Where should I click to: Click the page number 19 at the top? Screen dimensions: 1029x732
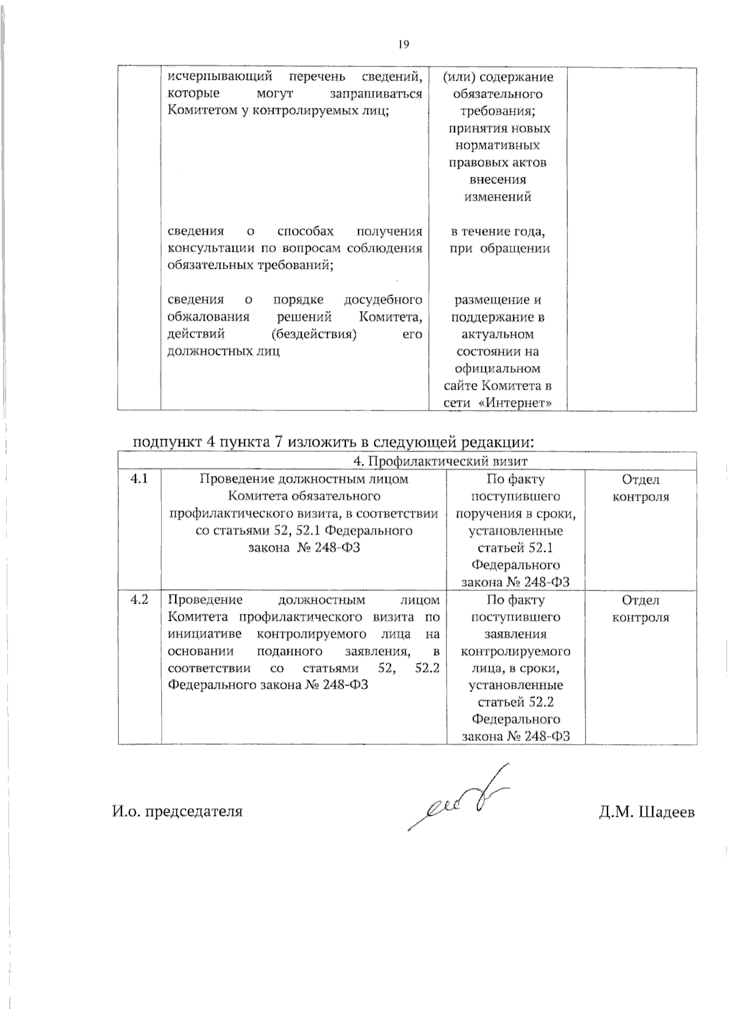[403, 44]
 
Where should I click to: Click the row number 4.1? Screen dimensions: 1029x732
[139, 479]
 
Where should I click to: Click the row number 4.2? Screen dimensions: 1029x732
[139, 600]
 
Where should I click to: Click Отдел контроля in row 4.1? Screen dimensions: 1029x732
[640, 488]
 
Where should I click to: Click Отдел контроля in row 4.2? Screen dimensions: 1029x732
[640, 609]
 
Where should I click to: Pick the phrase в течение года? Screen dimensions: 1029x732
[498, 232]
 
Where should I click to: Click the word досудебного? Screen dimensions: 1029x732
[383, 300]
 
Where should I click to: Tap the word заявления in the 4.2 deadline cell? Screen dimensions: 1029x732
[516, 634]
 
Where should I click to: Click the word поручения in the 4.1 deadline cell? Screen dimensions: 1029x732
[485, 514]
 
